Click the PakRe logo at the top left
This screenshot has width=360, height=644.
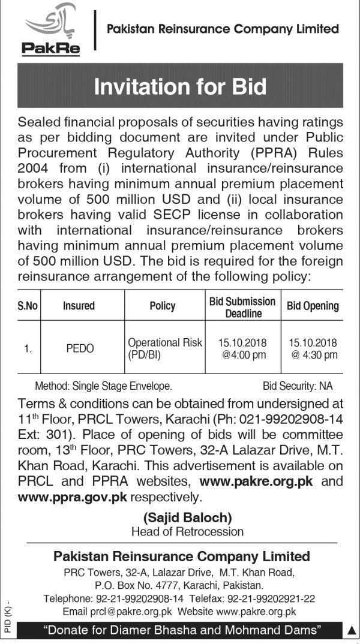52,33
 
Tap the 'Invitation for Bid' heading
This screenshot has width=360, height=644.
180,87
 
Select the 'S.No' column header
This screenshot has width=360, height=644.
28,306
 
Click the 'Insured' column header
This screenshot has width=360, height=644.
79,306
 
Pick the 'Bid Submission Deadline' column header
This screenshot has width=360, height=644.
242,306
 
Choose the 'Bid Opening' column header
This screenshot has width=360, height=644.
313,306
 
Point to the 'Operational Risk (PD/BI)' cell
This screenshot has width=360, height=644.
164,348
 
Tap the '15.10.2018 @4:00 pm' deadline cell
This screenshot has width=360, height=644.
243,348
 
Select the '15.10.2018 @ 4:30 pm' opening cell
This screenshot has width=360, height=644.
313,348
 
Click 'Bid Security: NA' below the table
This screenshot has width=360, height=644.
298,386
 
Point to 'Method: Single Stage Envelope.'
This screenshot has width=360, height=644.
103,386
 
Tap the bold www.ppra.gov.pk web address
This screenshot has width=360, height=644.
73,497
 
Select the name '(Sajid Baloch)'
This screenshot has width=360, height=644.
187,517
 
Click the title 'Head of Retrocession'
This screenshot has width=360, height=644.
187,531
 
